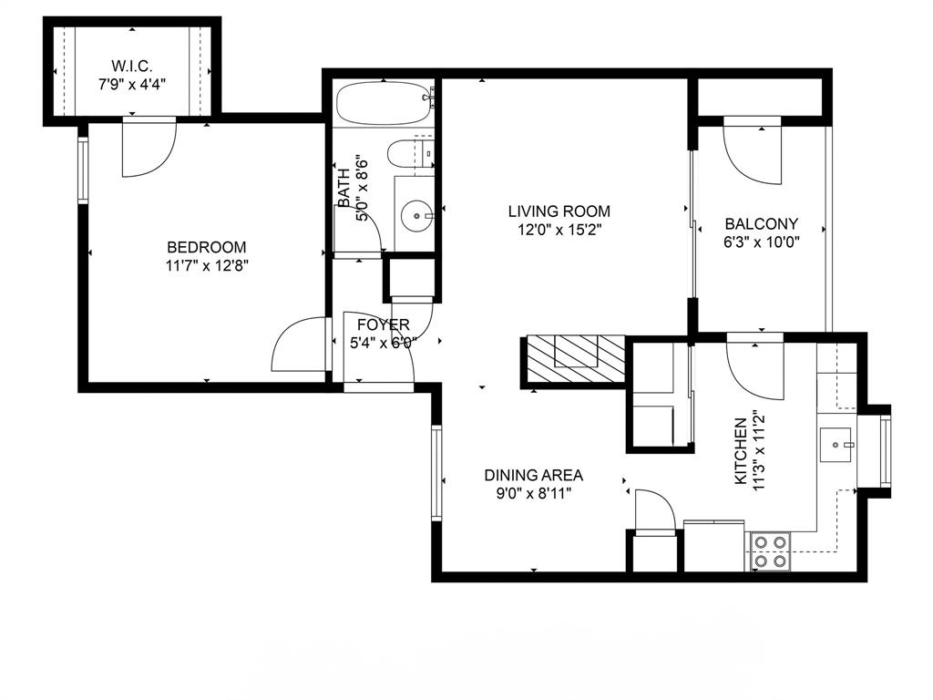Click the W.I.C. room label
131,65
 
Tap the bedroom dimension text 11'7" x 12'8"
207,266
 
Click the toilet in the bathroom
409,153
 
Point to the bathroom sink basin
417,216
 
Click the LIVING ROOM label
559,211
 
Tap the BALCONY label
761,223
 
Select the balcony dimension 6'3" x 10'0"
761,242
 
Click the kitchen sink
836,445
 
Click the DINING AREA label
533,475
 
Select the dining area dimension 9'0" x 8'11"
533,494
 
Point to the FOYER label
383,324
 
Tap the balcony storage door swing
752,150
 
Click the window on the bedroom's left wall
82,170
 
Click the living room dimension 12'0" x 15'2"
559,231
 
